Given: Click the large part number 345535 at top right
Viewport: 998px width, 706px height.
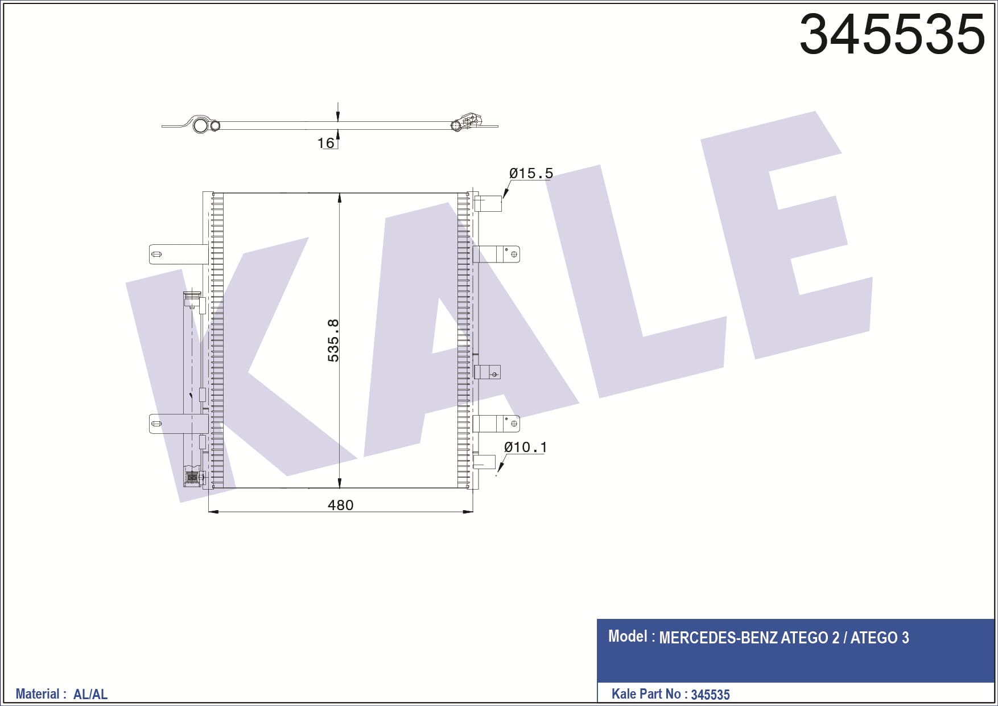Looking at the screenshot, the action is click(892, 34).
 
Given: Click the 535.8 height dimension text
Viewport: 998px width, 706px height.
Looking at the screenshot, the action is click(333, 340).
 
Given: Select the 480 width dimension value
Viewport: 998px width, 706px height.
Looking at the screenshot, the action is click(340, 505).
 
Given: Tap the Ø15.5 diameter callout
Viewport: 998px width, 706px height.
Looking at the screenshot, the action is click(531, 173).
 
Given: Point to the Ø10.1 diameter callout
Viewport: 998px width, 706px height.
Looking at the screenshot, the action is click(525, 447).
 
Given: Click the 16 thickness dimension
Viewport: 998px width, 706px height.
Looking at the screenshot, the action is click(325, 143).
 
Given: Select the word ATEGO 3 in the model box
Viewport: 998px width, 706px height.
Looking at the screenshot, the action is click(880, 638).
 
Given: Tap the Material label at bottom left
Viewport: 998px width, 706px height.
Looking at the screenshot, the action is click(37, 694).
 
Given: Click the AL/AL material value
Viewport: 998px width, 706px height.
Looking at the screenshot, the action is click(90, 695).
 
